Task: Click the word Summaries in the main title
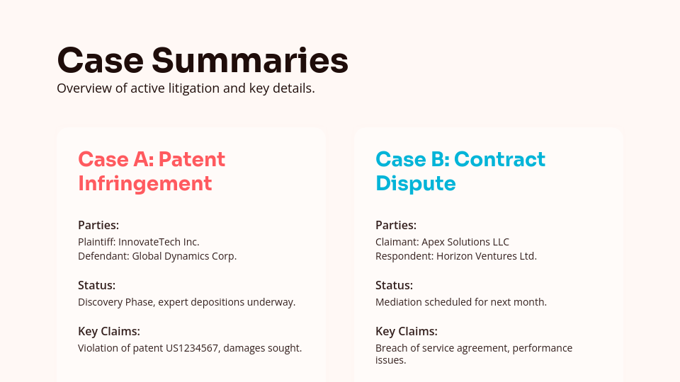click(249, 60)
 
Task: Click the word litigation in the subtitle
click(206, 88)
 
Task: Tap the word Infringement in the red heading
click(144, 183)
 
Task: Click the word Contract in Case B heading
click(499, 159)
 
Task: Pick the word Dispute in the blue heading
click(415, 183)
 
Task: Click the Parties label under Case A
click(98, 225)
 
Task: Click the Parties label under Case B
click(396, 225)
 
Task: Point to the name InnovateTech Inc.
click(159, 242)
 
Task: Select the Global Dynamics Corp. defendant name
click(184, 256)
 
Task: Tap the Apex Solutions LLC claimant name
click(465, 242)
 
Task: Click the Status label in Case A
click(96, 285)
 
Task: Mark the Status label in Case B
click(394, 285)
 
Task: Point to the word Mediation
click(398, 302)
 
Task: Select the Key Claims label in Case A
click(108, 331)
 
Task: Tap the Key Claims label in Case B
click(406, 331)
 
